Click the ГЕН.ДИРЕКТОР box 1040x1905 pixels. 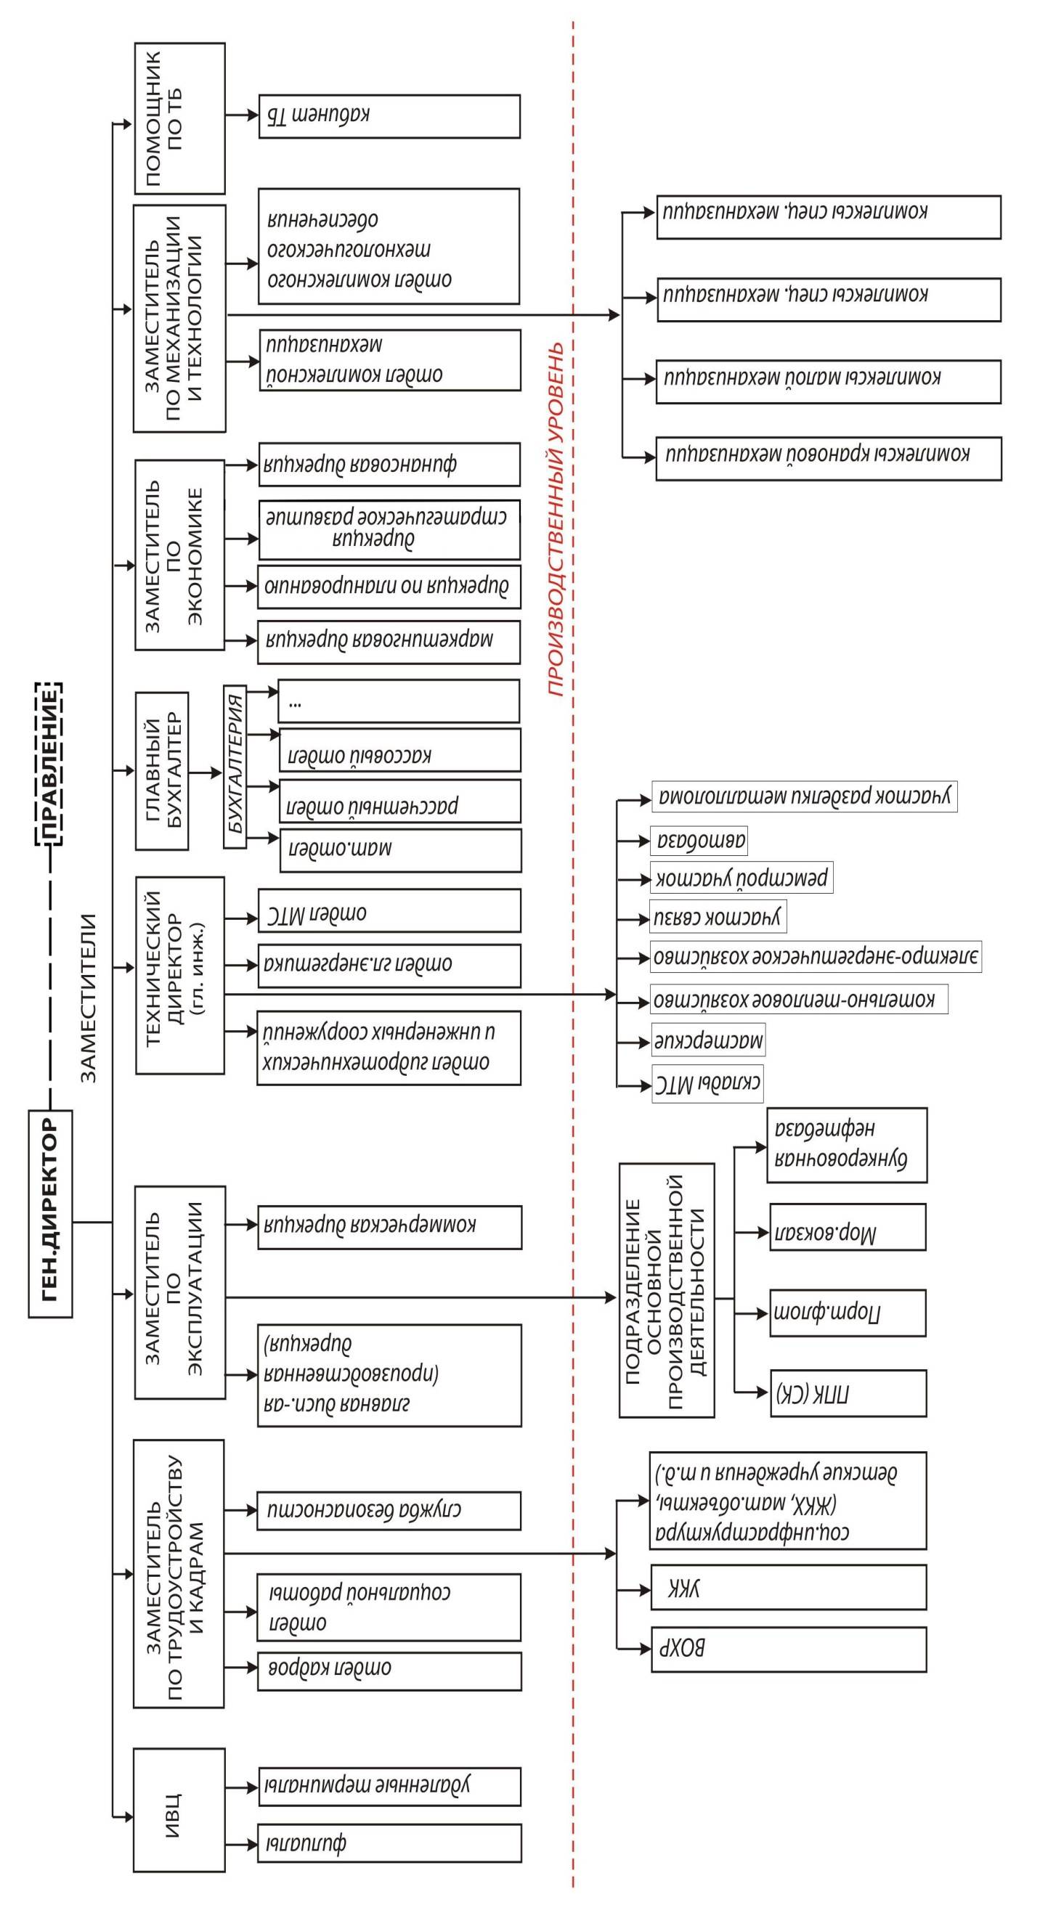tap(50, 1213)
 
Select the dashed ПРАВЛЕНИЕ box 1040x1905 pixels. tap(49, 763)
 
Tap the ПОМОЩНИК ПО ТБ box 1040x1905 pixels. tap(179, 118)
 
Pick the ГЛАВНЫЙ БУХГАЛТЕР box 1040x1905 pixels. tap(162, 770)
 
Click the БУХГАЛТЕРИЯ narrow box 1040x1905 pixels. tap(235, 766)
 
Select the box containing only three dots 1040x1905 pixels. tap(398, 701)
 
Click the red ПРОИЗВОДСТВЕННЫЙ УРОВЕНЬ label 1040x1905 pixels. tap(556, 518)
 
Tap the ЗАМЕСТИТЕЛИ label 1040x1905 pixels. tap(88, 998)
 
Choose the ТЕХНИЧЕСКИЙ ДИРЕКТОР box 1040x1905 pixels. tap(179, 975)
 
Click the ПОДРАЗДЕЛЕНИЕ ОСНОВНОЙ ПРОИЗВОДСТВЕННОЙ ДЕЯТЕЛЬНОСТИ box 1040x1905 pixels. tap(666, 1291)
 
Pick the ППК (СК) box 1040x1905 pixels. tap(848, 1393)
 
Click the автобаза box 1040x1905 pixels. tap(699, 840)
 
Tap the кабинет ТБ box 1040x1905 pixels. tap(389, 116)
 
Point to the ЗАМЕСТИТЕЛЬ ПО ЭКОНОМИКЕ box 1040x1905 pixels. tap(179, 555)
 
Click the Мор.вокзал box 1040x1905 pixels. tap(848, 1228)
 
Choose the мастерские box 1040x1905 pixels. tap(708, 1040)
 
